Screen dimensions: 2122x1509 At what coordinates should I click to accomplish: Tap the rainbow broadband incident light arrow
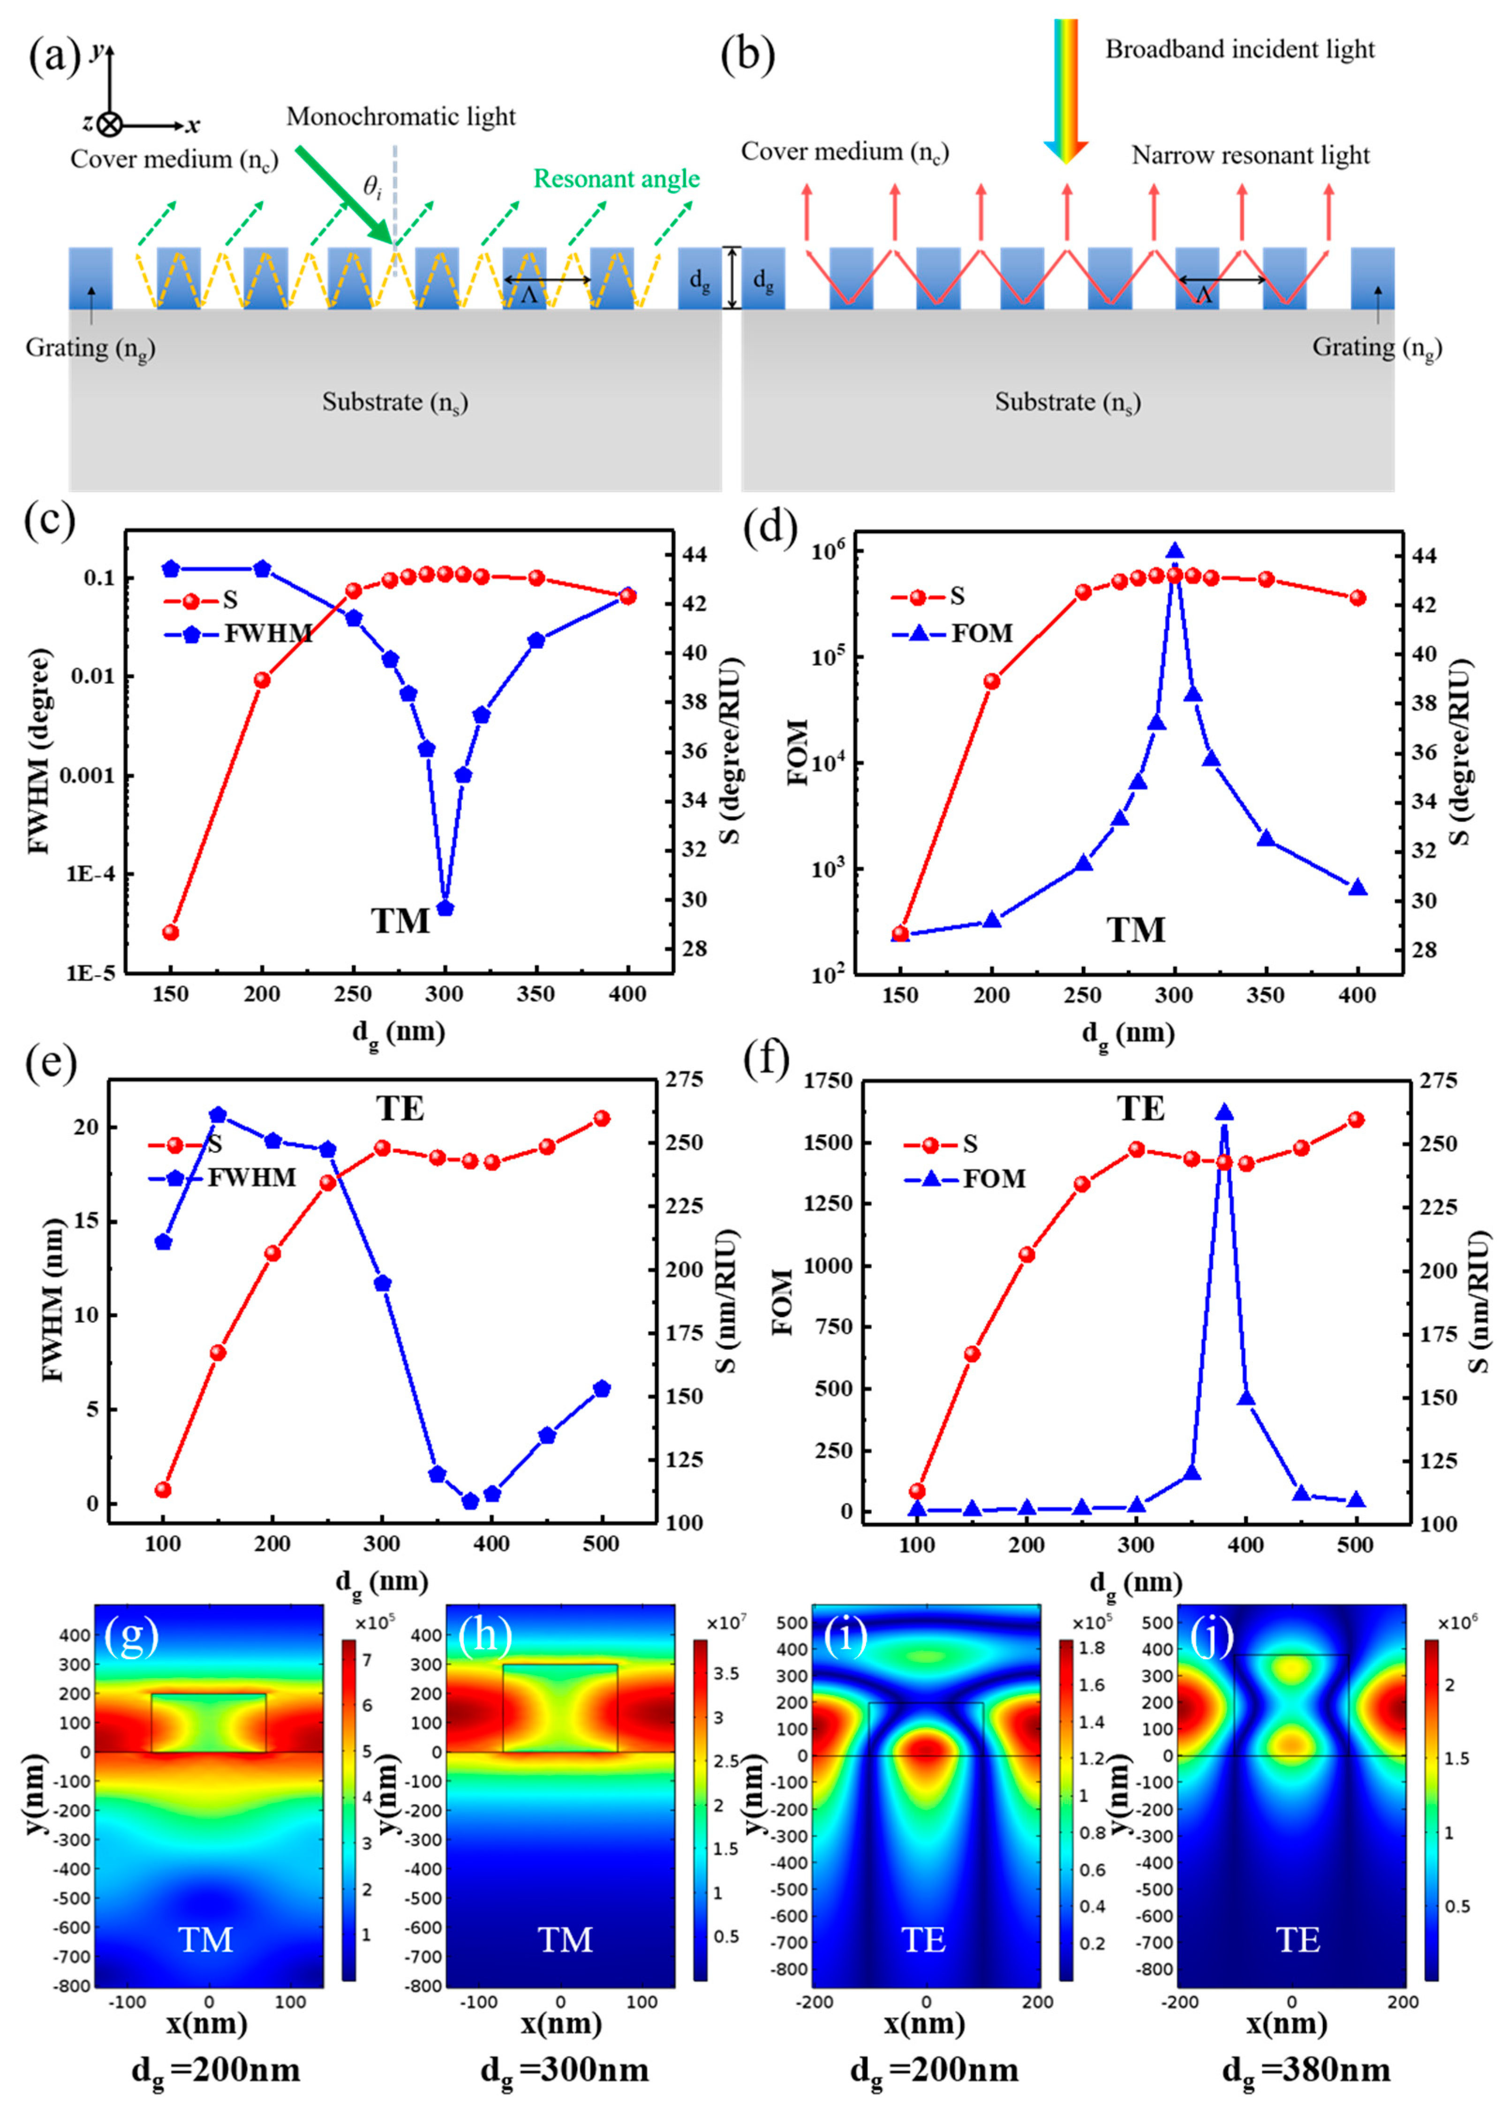[1066, 88]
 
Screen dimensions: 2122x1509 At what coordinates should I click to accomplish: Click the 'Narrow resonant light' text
[1250, 155]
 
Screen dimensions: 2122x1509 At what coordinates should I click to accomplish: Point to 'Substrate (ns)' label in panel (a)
[395, 402]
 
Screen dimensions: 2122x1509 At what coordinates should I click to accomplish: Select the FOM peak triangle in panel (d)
[1175, 551]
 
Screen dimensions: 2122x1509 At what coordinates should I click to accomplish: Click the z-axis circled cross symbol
[110, 125]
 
